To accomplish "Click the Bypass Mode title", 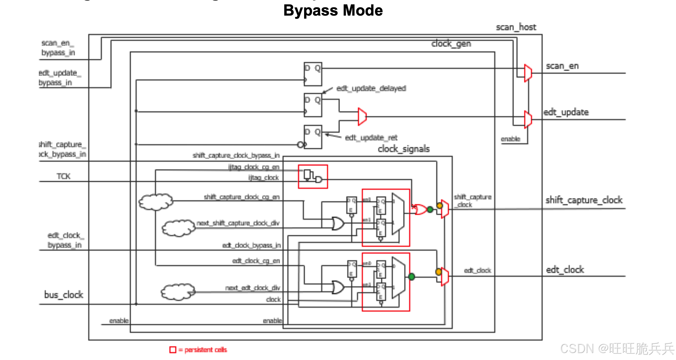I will tap(333, 11).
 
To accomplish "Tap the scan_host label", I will tap(516, 27).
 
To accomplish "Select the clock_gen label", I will tap(451, 44).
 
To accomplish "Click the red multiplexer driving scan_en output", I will tap(528, 73).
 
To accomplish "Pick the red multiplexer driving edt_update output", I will tap(528, 120).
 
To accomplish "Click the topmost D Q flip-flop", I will tap(313, 74).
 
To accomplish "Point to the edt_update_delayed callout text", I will tap(371, 88).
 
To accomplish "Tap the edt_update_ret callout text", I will tap(371, 137).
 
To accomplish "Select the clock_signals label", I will tap(403, 149).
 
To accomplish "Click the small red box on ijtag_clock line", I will tap(313, 177).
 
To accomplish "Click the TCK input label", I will tap(63, 176).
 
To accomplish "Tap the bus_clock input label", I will tap(63, 295).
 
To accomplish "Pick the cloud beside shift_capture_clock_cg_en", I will tap(156, 202).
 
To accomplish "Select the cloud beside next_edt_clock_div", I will tap(178, 292).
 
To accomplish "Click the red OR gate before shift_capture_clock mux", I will tap(420, 209).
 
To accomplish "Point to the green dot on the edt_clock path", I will tap(412, 277).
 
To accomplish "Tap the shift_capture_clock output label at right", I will tap(584, 200).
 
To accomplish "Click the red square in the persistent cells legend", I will tap(173, 350).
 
